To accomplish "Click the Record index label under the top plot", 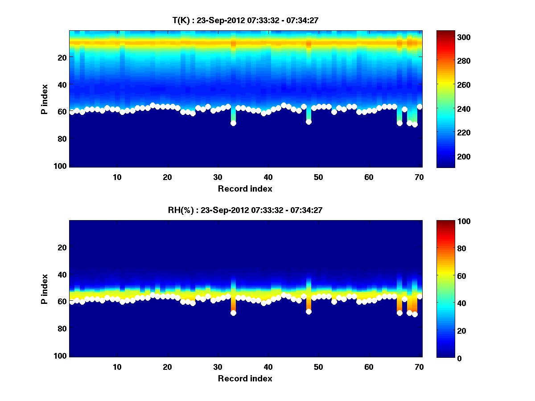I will click(x=245, y=188).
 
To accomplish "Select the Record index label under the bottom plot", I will click(x=245, y=378).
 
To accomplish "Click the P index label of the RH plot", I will click(x=45, y=289).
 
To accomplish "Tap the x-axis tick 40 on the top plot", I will click(x=268, y=176).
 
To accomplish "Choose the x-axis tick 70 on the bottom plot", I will click(x=419, y=366).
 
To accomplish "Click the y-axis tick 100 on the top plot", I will click(x=62, y=166).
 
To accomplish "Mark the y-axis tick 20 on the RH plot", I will click(x=62, y=247).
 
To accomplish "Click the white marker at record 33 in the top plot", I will click(x=233, y=123).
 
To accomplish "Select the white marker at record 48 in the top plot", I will click(x=309, y=122).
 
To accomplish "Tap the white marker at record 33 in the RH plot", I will click(x=233, y=313).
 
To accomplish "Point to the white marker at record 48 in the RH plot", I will click(x=309, y=311).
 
